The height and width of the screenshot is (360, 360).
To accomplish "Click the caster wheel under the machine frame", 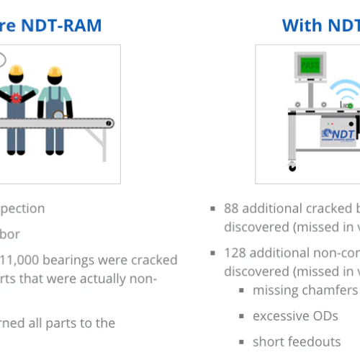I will coord(292,167).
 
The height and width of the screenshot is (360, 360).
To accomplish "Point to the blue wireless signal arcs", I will coord(344,91).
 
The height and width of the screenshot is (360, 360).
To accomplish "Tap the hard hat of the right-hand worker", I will coord(55,72).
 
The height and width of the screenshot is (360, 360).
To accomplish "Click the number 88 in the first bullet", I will coord(232,209).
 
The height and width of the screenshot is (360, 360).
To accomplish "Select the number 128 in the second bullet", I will coord(235,253).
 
